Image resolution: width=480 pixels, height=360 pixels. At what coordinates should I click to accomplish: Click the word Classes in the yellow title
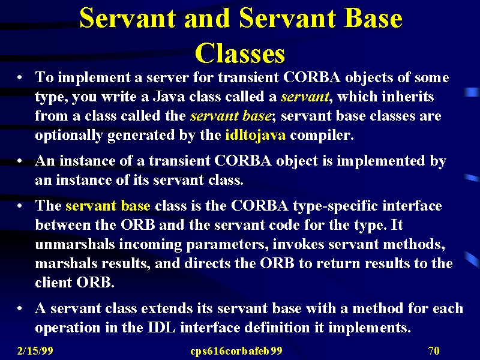[240, 53]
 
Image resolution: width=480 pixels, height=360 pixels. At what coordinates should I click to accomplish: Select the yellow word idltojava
[256, 136]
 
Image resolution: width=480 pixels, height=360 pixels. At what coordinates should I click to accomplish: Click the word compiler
[322, 136]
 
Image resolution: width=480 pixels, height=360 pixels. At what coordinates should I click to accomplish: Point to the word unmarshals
[75, 244]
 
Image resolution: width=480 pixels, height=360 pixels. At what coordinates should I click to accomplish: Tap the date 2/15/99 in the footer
[35, 351]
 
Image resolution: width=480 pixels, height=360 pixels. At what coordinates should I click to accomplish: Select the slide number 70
[434, 351]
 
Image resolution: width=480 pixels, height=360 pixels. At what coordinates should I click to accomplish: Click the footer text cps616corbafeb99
[236, 351]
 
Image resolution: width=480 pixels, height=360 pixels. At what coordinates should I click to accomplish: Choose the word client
[53, 282]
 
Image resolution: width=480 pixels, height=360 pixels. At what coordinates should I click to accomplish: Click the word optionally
[68, 136]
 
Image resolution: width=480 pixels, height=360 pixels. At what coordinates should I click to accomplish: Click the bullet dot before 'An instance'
[20, 161]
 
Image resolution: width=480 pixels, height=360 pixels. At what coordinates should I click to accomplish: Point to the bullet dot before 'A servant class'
[20, 308]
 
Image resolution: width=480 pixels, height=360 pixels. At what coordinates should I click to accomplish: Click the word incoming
[151, 245]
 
